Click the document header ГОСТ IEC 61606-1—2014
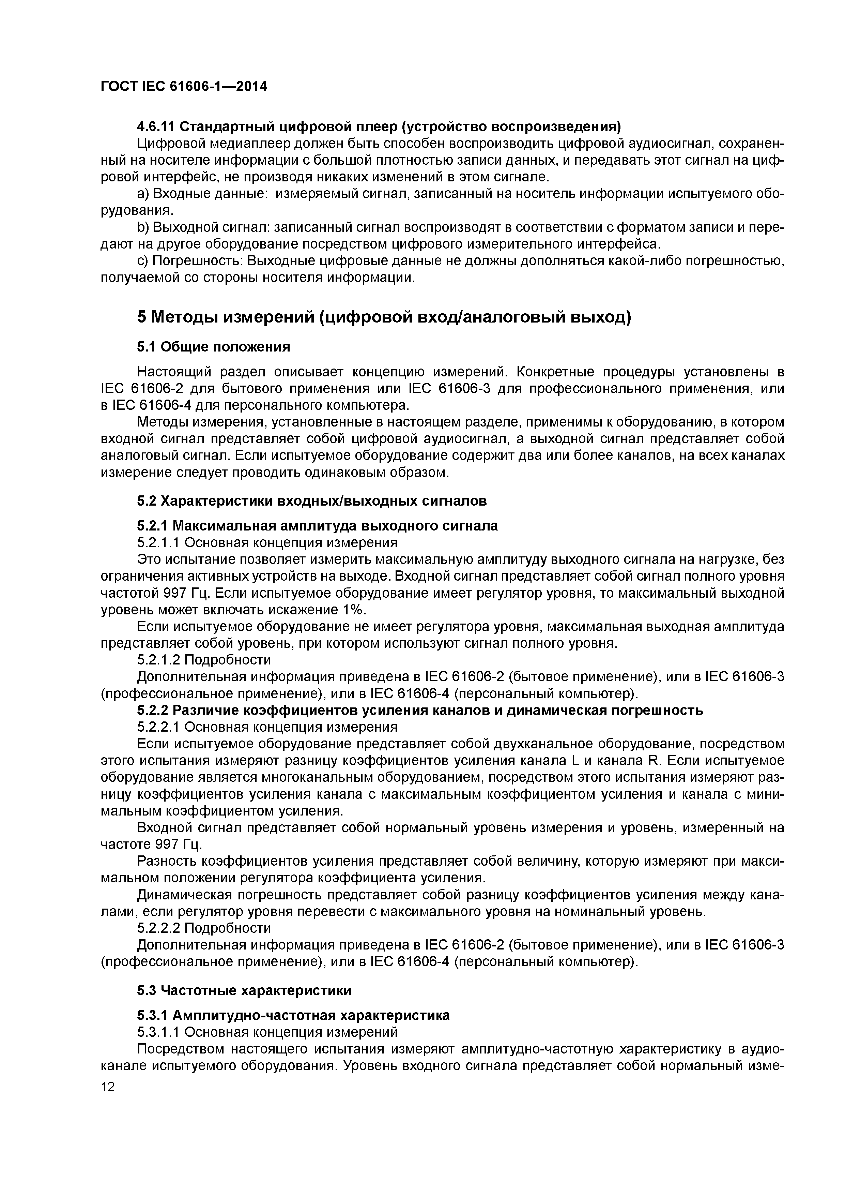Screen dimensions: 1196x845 pyautogui.click(x=183, y=87)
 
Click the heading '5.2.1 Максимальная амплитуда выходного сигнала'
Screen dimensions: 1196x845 pyautogui.click(x=317, y=526)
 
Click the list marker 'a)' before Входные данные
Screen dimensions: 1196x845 pyautogui.click(x=143, y=194)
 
